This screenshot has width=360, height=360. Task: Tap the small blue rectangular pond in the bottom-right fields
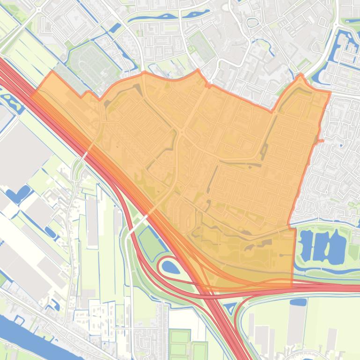click(298, 302)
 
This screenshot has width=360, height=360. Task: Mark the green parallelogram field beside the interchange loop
click(151, 245)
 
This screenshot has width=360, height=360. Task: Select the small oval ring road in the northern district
click(252, 22)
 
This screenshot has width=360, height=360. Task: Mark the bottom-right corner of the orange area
click(293, 285)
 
